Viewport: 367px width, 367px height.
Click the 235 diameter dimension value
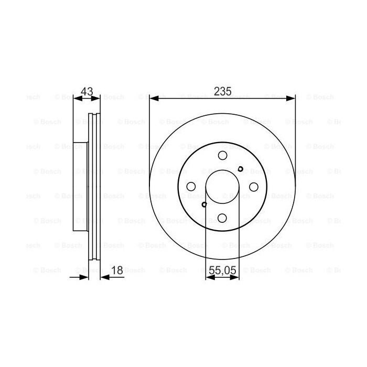(223, 91)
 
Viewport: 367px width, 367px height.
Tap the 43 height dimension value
(87, 91)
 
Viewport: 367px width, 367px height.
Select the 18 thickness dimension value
(117, 271)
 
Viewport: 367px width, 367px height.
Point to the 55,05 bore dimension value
(223, 271)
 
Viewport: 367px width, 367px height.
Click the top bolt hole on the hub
(222, 155)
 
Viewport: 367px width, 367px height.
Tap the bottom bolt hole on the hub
(222, 218)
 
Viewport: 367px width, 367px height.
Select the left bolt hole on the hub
(191, 187)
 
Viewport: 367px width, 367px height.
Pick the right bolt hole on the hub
(254, 187)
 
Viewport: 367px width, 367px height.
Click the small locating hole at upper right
(240, 169)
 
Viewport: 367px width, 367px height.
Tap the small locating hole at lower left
(204, 205)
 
